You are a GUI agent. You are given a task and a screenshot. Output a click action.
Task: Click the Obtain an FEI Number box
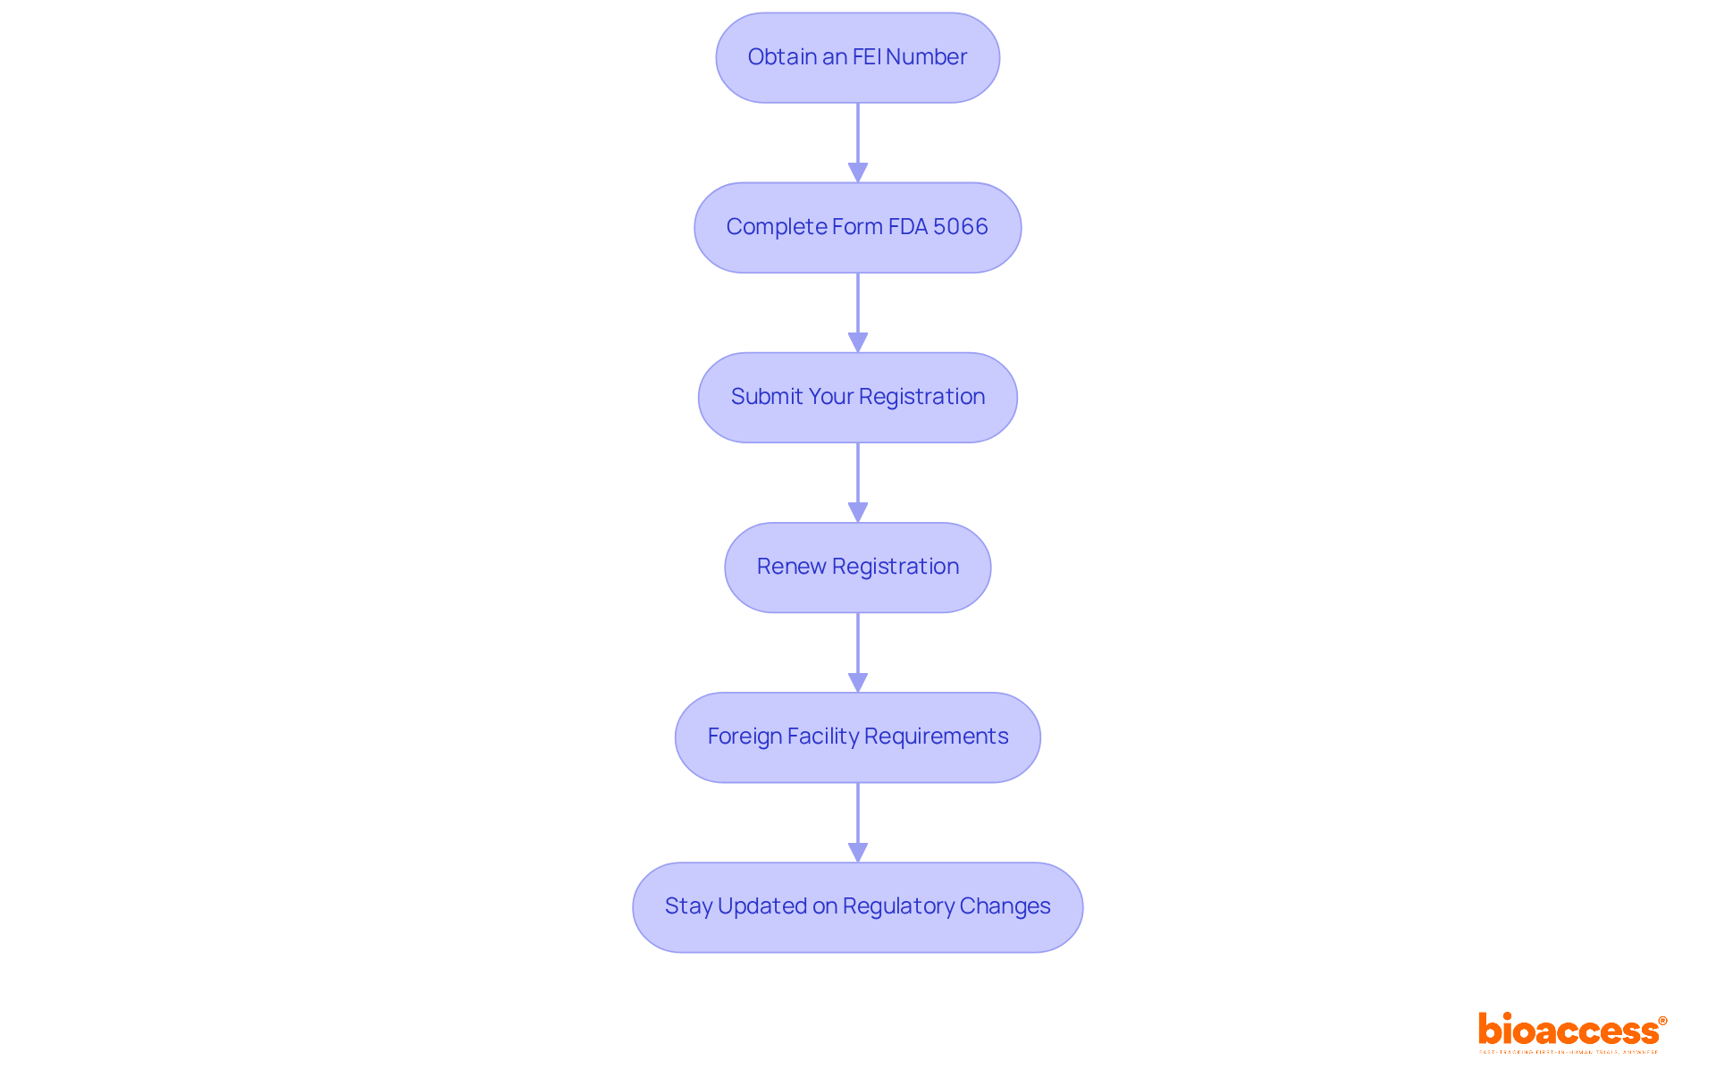click(857, 58)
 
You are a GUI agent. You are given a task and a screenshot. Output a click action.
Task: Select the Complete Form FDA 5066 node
click(857, 228)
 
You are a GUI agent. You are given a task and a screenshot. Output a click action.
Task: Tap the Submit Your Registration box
click(857, 398)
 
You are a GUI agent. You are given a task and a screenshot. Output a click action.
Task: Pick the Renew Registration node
click(857, 568)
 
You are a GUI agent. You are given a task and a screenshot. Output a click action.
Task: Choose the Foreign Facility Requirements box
click(857, 737)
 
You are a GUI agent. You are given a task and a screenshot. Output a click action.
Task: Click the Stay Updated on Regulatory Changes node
click(857, 907)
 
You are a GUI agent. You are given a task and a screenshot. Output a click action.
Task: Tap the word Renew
click(791, 567)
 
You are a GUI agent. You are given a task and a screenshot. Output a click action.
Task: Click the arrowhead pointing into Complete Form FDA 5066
click(858, 173)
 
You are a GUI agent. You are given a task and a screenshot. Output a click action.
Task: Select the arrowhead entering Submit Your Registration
click(858, 342)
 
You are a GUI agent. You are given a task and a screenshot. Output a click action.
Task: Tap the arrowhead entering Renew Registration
click(858, 512)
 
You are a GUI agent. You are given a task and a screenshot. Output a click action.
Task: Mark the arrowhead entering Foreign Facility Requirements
click(858, 682)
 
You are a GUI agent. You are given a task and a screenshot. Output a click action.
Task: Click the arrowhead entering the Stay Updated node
click(858, 852)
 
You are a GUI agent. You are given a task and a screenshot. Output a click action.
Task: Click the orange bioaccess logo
click(1569, 1031)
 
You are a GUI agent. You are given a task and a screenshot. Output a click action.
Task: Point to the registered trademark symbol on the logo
click(1662, 1021)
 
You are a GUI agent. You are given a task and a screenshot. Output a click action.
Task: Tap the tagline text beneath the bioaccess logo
click(1569, 1052)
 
